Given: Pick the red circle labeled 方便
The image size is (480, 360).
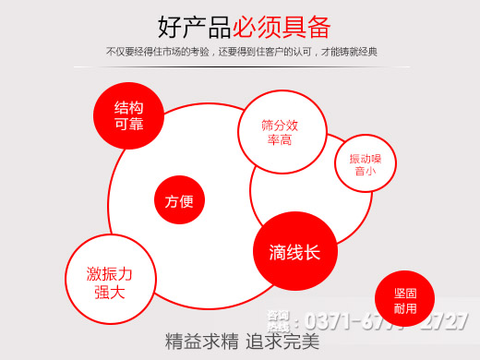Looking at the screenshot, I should coord(179,201).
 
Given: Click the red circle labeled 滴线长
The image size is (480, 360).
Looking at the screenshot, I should coord(294,252).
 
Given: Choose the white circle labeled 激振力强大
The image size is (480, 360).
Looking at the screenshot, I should coord(110,282).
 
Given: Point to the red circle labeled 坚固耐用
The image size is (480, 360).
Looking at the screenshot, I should coord(404,299).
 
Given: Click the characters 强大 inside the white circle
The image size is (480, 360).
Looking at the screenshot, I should coord(110,293).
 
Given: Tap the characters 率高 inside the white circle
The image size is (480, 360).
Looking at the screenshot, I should coord(280,140).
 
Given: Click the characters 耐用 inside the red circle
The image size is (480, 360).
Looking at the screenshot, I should coord(404,307).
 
